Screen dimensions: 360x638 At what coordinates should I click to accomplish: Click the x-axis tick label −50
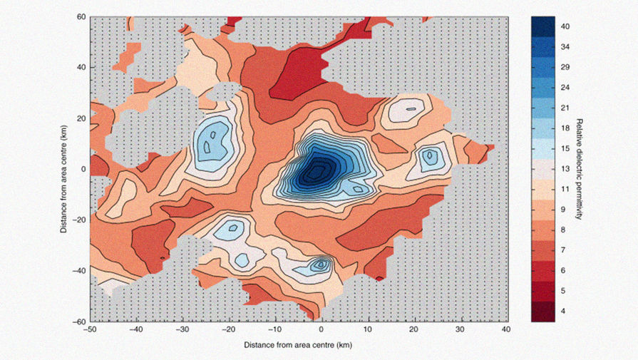[x=90, y=330]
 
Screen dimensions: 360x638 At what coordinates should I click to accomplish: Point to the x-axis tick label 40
[x=506, y=330]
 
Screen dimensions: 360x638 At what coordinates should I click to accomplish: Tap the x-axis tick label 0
[x=321, y=330]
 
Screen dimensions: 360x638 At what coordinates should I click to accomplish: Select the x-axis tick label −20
[x=228, y=330]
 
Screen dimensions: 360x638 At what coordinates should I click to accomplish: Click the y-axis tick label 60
[x=81, y=16]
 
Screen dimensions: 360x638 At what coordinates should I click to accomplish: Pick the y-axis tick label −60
[x=79, y=322]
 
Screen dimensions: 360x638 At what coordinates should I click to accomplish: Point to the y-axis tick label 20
[x=81, y=118]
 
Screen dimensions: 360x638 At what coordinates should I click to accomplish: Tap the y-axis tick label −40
[x=79, y=271]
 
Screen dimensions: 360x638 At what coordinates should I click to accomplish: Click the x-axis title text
[x=298, y=344]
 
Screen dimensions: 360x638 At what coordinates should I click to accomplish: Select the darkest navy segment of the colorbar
[x=545, y=26]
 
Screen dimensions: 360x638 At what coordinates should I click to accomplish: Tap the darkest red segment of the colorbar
[x=545, y=312]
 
